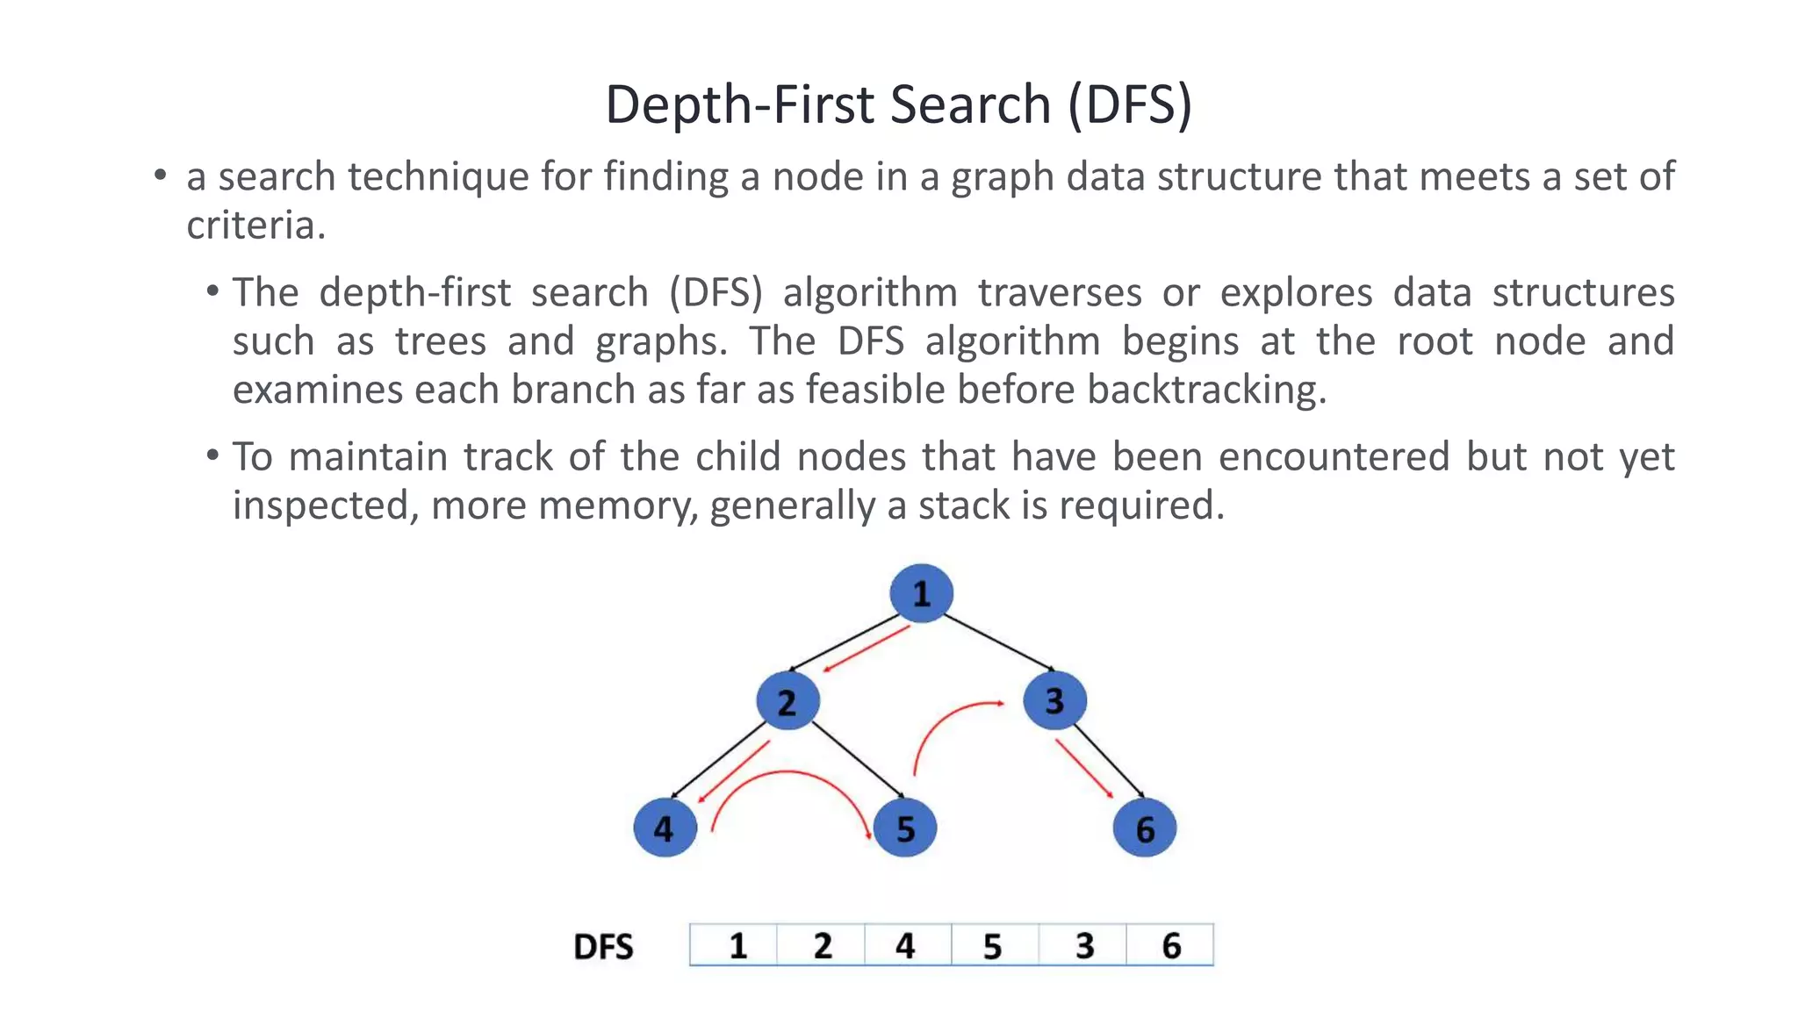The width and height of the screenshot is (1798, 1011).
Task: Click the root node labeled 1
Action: coord(921,593)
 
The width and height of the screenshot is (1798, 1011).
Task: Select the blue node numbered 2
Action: coord(788,700)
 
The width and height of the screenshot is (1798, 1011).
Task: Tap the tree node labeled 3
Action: coord(1054,700)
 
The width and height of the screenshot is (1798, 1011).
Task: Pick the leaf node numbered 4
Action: coord(665,828)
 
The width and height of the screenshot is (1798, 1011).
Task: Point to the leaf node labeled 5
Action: coord(905,828)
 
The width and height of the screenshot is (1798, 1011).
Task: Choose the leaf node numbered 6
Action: coord(1144,828)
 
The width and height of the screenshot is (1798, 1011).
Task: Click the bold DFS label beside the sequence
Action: coord(603,947)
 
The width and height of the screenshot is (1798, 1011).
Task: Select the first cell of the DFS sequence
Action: coord(736,945)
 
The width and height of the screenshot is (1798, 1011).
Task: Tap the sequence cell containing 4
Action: coord(906,945)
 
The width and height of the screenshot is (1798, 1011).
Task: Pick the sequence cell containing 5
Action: coord(993,945)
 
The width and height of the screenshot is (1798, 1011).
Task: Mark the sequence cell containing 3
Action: coord(1083,945)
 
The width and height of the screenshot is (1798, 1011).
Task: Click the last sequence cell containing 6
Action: coord(1170,945)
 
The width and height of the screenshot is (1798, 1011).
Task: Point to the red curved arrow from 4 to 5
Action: coord(790,773)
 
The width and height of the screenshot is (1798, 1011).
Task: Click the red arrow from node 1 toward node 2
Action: coord(865,649)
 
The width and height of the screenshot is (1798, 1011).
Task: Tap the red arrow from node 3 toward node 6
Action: coord(1085,769)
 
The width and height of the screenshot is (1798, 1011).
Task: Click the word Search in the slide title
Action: coord(970,104)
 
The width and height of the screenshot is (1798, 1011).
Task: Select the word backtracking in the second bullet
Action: coord(1206,390)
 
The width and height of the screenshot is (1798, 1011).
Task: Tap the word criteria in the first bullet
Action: coord(255,226)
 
